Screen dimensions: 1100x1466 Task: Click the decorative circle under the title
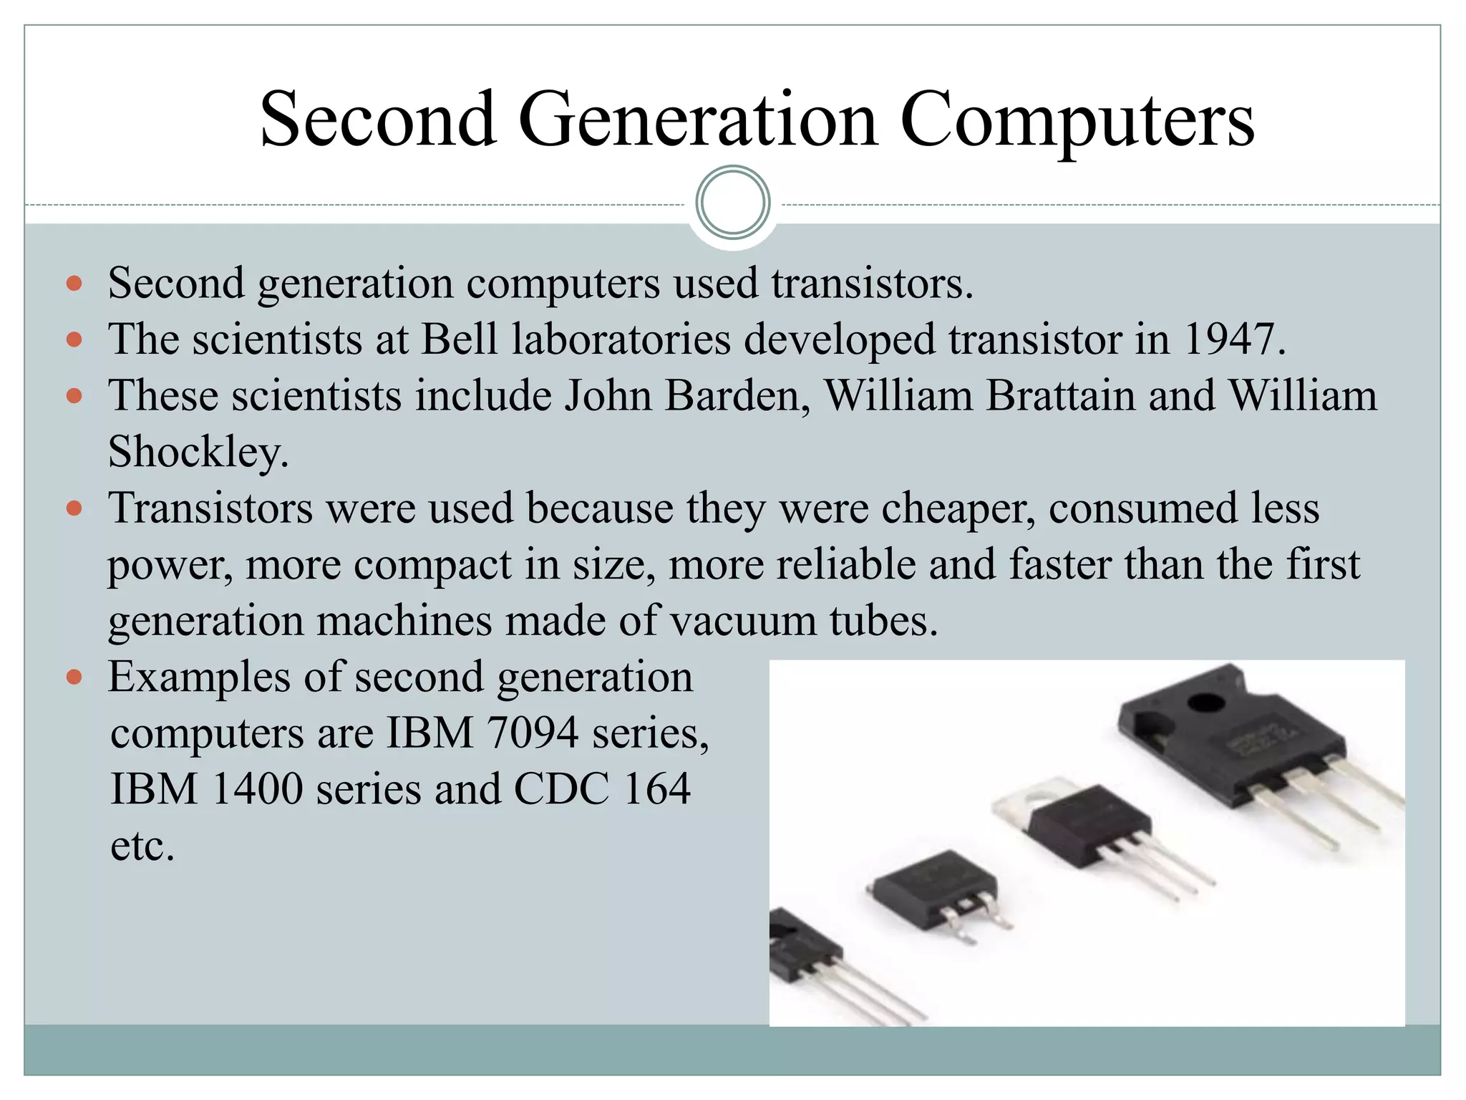point(732,203)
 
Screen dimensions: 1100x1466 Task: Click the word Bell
point(459,339)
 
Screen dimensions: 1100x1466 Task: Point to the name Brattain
point(1061,395)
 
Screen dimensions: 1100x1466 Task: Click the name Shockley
point(198,452)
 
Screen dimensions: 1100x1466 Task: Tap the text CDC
point(561,789)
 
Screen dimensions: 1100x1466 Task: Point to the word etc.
point(142,846)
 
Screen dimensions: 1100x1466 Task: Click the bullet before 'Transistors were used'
point(74,508)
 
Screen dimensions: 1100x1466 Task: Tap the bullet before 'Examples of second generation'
point(74,677)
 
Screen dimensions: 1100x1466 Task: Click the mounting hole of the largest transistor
point(1207,703)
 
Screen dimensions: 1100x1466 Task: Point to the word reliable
point(845,564)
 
